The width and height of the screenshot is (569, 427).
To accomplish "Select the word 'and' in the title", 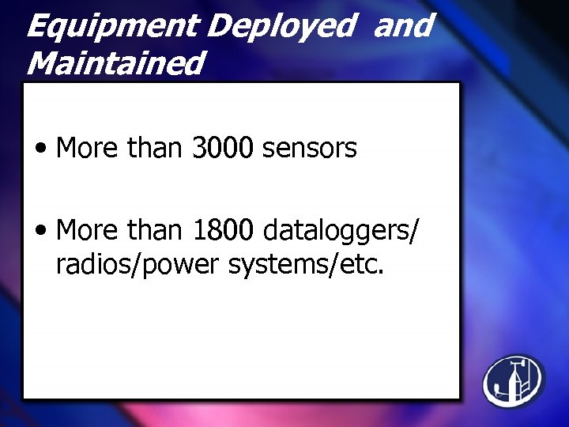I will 403,26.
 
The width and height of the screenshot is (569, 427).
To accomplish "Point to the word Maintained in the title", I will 115,62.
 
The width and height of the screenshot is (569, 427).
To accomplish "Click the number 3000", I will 222,148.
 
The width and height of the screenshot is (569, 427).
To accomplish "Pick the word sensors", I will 309,148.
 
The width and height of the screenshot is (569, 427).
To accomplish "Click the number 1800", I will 222,231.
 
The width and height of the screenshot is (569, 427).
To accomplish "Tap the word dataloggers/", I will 341,231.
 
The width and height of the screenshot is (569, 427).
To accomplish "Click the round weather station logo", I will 514,380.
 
